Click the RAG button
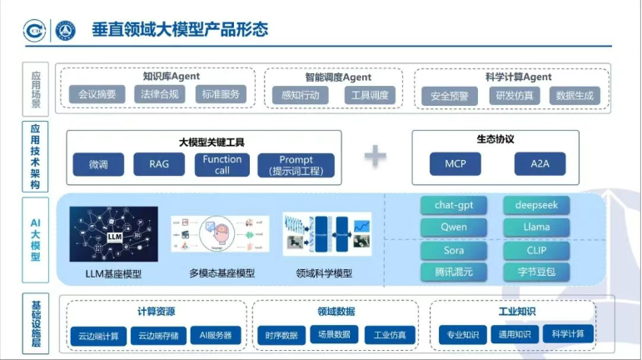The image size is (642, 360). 158,164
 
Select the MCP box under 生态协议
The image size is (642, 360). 455,164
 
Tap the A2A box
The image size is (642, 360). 540,164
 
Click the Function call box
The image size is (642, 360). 222,164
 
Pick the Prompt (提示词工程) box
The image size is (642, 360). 296,164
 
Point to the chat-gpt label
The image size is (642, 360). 454,205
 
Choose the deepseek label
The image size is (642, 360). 537,205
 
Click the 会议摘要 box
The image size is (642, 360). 97,94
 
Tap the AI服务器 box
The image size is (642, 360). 216,335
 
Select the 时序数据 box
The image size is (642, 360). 281,335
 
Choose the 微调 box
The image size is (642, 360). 98,164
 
